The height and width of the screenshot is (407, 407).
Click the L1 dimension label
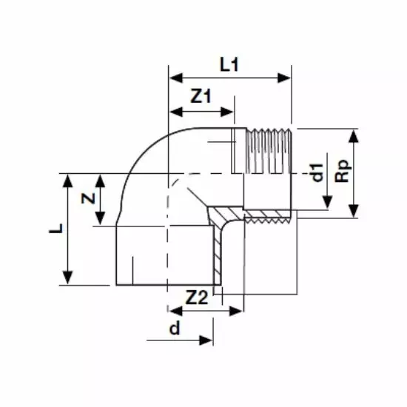tap(229, 64)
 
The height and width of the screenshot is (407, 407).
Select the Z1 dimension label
tap(201, 96)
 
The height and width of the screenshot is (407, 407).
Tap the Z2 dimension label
tap(197, 297)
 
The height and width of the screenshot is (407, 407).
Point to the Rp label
tap(343, 171)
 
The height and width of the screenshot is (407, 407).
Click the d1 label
tap(317, 172)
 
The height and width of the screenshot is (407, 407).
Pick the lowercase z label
tap(88, 198)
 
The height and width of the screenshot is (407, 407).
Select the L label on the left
tap(56, 229)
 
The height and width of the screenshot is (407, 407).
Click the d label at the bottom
tap(175, 328)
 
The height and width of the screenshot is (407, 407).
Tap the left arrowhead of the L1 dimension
tap(176, 78)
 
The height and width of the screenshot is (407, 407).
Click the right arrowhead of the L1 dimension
tap(284, 78)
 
